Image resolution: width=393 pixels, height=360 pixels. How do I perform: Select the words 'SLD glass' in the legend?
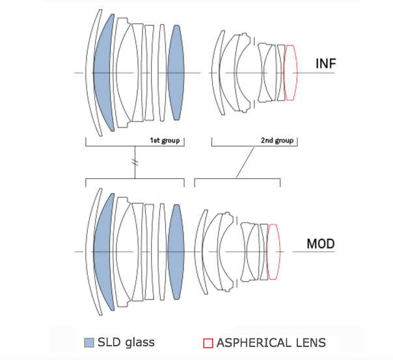coord(125,342)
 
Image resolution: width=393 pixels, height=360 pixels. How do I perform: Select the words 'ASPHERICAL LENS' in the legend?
coord(271,342)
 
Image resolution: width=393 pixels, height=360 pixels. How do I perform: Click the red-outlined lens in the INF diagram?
coord(291,72)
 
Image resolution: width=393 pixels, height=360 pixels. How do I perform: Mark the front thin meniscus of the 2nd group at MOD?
coord(198,251)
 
